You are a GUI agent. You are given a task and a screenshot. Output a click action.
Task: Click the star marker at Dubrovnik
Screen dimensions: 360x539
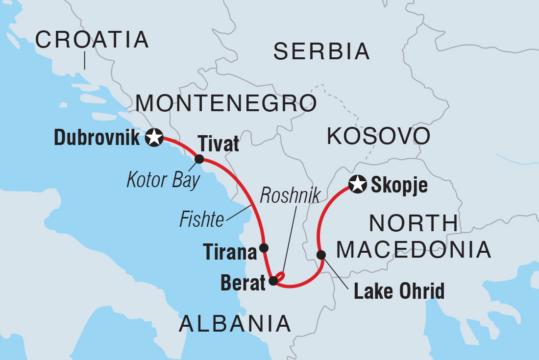click(154, 138)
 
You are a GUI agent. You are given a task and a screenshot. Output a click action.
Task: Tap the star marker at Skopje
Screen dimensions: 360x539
click(357, 185)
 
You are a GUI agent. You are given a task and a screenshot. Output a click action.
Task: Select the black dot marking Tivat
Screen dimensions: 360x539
click(199, 159)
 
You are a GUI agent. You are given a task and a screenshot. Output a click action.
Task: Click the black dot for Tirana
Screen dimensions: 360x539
click(264, 247)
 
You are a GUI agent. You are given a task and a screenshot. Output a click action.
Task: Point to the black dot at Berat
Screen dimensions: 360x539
click(273, 281)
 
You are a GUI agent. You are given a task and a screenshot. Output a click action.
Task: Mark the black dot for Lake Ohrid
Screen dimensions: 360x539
click(321, 255)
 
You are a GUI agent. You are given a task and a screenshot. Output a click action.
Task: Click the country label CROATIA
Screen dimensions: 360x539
click(92, 39)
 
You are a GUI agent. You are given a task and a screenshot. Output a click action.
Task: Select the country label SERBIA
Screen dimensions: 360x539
click(321, 51)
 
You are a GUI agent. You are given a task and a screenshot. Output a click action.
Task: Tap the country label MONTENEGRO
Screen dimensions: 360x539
click(225, 103)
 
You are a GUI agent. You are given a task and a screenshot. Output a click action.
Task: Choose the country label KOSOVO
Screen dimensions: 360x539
click(378, 137)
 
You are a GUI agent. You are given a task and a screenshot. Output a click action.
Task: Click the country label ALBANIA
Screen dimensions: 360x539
click(235, 324)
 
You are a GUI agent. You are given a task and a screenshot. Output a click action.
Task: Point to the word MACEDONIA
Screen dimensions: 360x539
click(414, 249)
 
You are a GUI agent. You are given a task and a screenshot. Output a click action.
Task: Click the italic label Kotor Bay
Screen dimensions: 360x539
click(164, 180)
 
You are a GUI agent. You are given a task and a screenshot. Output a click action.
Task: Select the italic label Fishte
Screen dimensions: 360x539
click(202, 219)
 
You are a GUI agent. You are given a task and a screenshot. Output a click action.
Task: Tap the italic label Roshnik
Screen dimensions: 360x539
click(290, 195)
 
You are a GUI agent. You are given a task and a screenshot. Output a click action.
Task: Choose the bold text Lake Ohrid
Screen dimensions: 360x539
click(399, 291)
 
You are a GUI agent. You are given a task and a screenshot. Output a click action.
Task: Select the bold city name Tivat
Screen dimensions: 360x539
click(218, 144)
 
